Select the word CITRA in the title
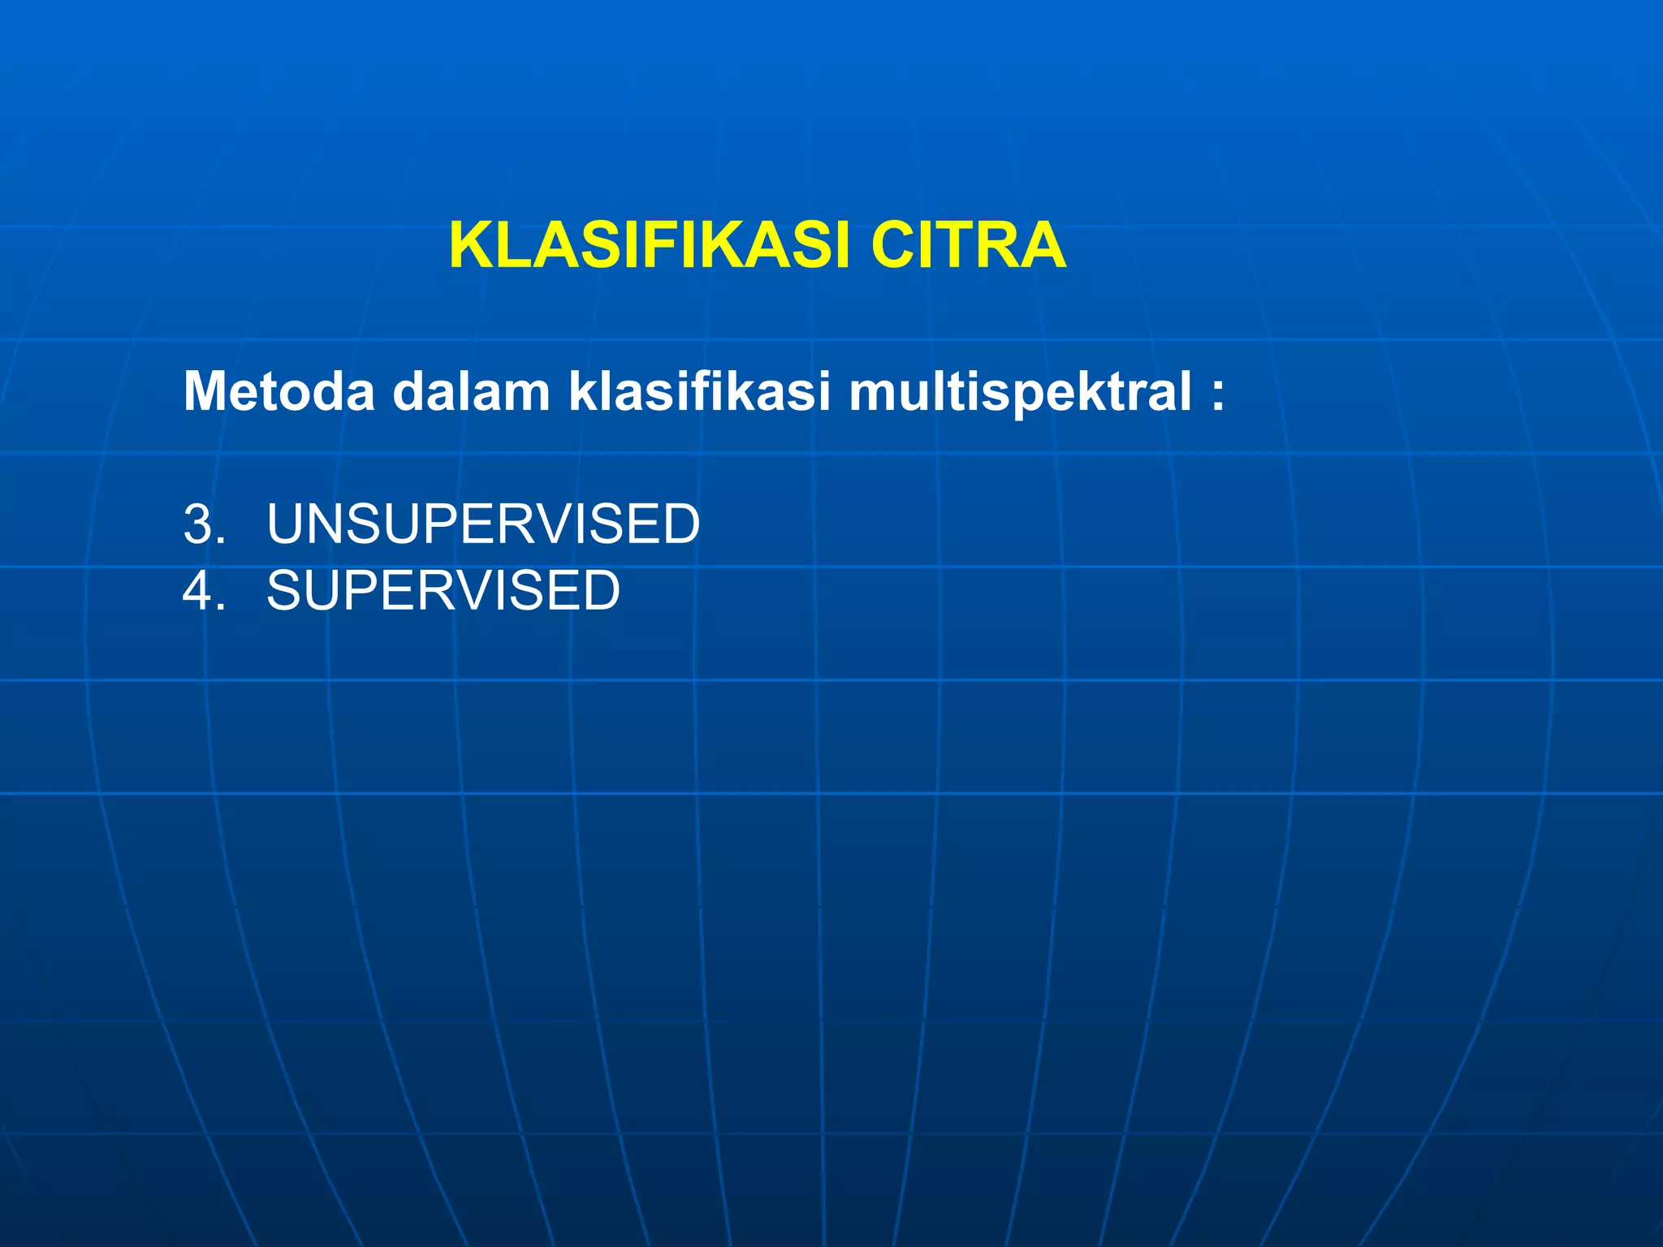coord(968,246)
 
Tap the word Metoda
coord(279,392)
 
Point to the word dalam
coord(471,392)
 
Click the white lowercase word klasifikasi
coord(699,392)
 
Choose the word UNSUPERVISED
coord(483,524)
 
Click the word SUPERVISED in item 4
coord(443,591)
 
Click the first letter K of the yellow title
coord(470,246)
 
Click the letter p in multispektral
coord(1030,398)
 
